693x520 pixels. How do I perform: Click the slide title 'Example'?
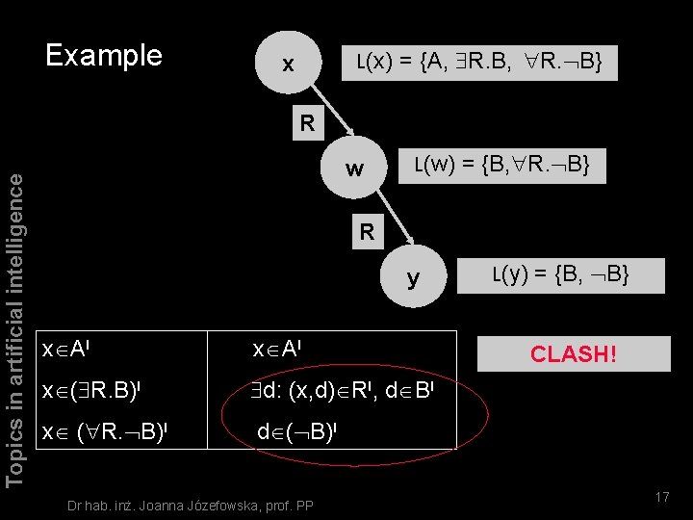pos(105,55)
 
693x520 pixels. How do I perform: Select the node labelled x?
pos(287,65)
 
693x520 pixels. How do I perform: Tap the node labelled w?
pos(354,169)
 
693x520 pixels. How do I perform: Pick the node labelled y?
pos(413,279)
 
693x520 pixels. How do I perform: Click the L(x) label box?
pos(479,63)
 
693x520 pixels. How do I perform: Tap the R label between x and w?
pos(306,123)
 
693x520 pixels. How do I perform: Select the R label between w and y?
pos(367,231)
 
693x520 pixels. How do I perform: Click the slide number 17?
pos(661,497)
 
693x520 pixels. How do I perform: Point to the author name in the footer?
pos(190,504)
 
